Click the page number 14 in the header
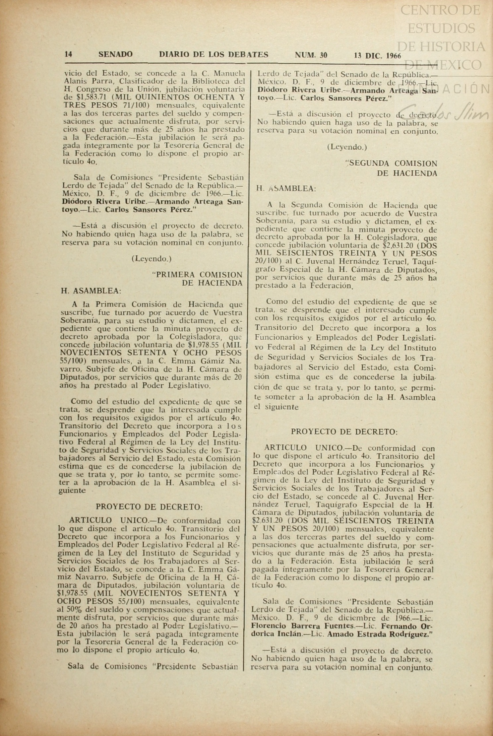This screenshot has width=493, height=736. (68, 55)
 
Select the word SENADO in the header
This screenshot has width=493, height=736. (115, 55)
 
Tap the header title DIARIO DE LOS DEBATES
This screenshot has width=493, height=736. (214, 55)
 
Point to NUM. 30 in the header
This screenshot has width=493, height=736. (311, 55)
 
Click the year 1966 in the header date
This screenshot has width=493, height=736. (391, 56)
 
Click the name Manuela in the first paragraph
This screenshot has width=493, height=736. (228, 73)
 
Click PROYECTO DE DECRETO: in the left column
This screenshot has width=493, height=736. (149, 507)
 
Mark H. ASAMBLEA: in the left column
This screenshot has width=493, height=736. (91, 291)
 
